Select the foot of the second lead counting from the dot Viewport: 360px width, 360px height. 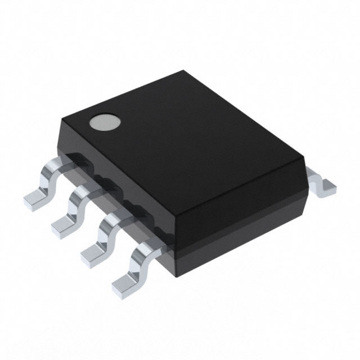pyautogui.click(x=63, y=225)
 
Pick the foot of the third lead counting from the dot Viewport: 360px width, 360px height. pyautogui.click(x=93, y=255)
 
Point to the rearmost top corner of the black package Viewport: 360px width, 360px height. pyautogui.click(x=184, y=71)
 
